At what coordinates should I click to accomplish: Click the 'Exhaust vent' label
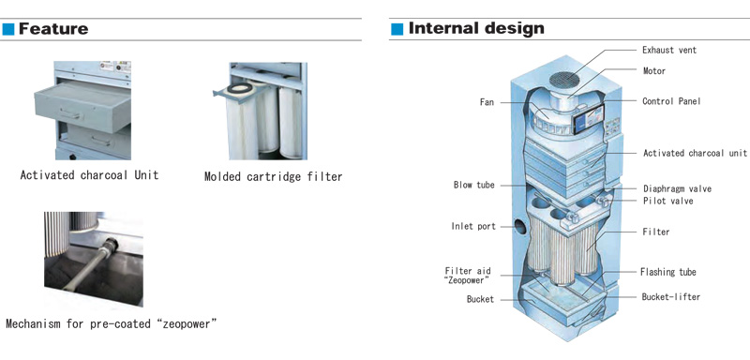click(x=669, y=50)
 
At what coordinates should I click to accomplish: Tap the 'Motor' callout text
click(x=654, y=70)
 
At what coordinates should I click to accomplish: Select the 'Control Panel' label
click(x=671, y=101)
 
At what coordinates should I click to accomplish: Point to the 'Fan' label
click(x=487, y=102)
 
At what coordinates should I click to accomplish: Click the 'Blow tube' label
click(x=474, y=185)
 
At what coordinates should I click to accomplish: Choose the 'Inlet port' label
click(x=473, y=226)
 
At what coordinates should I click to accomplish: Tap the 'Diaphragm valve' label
click(x=677, y=188)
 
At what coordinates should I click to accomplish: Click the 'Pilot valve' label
click(x=667, y=201)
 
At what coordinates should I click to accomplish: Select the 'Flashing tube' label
click(x=668, y=272)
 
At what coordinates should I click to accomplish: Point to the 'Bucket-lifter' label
click(x=670, y=297)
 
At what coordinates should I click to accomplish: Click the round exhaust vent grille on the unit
click(x=566, y=80)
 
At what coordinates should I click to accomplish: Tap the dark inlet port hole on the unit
click(x=520, y=225)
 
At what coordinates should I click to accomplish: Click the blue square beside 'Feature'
click(x=8, y=29)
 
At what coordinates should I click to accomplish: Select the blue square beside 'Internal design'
click(x=397, y=29)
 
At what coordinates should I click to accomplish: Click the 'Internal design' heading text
click(x=476, y=29)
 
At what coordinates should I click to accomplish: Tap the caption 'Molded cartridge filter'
click(x=273, y=177)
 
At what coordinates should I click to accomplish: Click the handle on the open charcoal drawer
click(x=69, y=114)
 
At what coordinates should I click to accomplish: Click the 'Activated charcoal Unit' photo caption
click(x=89, y=175)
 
